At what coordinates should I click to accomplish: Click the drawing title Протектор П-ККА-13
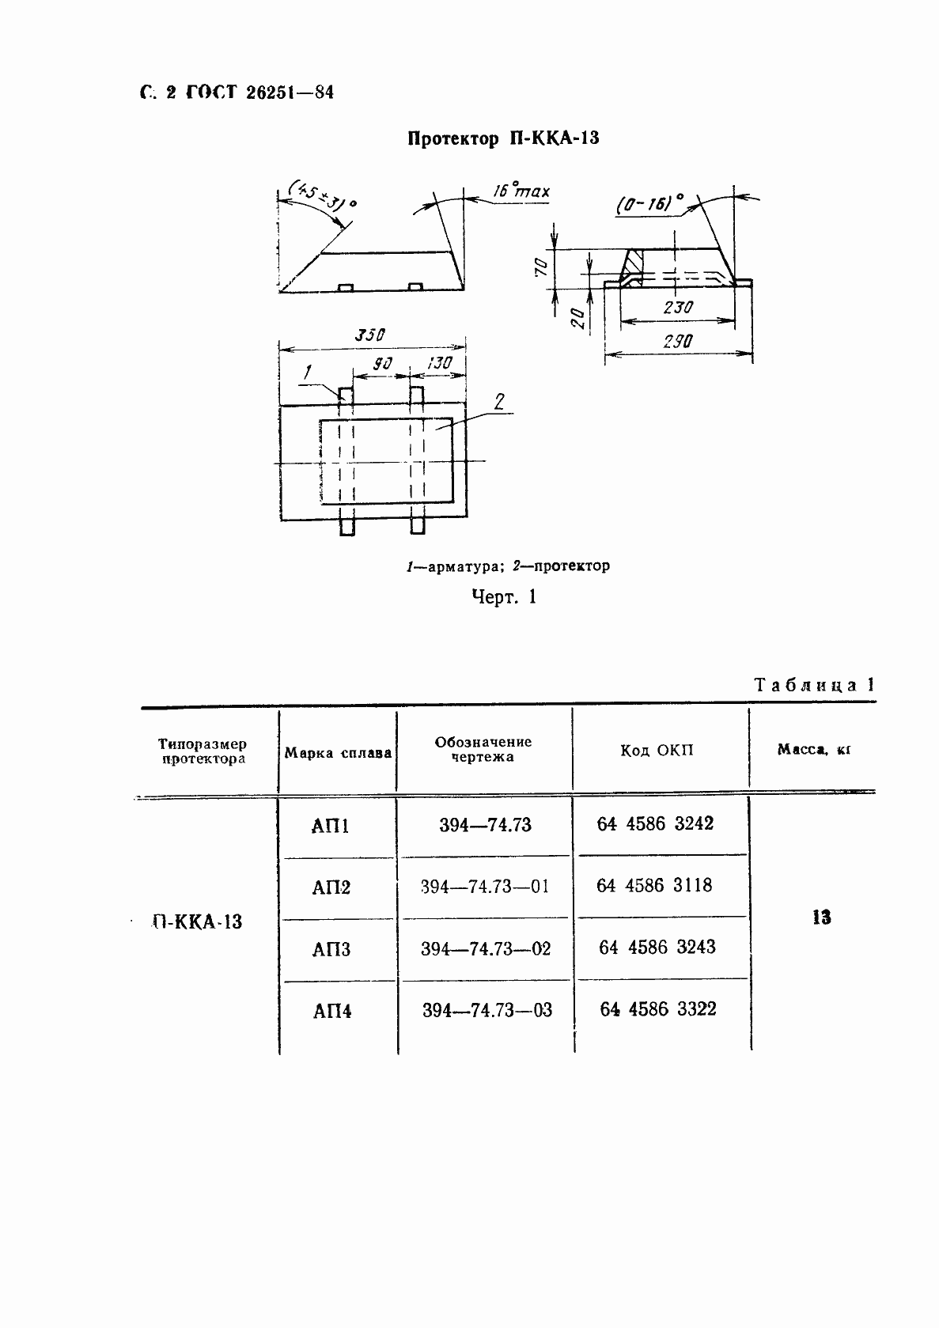coord(503,139)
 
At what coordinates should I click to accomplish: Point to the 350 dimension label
coord(369,335)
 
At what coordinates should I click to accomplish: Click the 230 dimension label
coord(678,308)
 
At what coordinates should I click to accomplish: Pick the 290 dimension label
coord(678,342)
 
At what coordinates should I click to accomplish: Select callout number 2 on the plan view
coord(498,402)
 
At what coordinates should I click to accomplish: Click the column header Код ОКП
coord(657,751)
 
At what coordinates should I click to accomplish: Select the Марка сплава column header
coord(338,753)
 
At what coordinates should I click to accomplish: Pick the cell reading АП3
coord(331,949)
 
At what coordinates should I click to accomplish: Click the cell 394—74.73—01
coord(485,887)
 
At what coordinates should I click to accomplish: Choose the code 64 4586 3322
coord(658,1009)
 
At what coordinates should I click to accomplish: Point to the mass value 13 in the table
coord(821,917)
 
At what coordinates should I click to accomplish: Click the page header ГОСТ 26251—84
coord(259,93)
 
